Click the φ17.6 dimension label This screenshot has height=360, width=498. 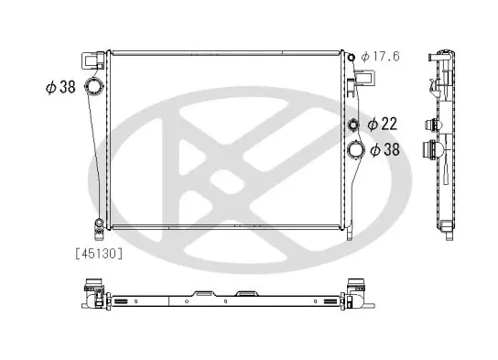[380, 57]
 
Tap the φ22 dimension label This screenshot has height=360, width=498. [382, 124]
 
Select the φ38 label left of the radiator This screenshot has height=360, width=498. [60, 87]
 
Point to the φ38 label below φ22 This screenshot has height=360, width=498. [384, 149]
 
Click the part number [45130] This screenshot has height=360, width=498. [99, 254]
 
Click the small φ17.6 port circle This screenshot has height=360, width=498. [351, 57]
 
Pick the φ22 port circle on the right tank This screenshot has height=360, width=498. [353, 125]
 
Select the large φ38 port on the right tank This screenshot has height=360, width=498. [356, 149]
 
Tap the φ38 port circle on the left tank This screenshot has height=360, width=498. [93, 86]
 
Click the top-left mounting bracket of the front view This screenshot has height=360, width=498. [93, 60]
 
